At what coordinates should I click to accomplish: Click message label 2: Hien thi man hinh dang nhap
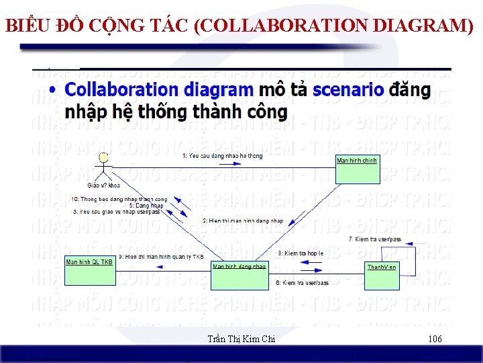click(243, 220)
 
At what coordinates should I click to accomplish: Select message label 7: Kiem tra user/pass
click(375, 239)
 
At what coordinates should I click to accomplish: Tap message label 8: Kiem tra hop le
click(301, 253)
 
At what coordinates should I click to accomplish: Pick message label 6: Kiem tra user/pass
click(302, 283)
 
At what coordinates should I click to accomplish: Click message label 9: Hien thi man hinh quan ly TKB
click(161, 257)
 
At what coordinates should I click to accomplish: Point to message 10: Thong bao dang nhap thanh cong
click(119, 199)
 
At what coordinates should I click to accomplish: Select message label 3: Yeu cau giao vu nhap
click(117, 212)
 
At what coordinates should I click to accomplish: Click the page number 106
click(435, 339)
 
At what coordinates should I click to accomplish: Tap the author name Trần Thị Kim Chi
click(241, 339)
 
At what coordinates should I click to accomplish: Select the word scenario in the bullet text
click(348, 90)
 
